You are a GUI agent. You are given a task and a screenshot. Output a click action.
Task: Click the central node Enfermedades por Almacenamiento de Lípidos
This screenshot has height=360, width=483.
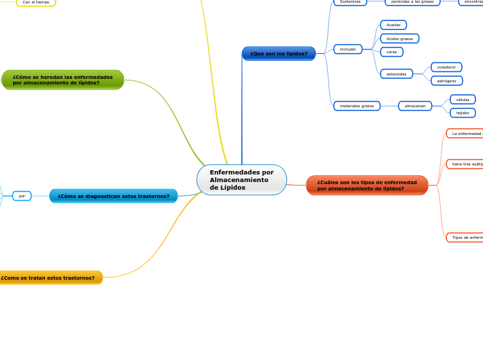241,180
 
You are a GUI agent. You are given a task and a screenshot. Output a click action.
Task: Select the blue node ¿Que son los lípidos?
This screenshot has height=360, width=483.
279,53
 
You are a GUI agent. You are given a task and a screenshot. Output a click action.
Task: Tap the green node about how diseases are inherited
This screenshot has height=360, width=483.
62,80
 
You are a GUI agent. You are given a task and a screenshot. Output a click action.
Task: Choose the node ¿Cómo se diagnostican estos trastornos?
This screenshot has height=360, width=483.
114,196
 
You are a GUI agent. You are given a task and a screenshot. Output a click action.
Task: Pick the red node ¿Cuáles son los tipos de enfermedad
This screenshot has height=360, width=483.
367,186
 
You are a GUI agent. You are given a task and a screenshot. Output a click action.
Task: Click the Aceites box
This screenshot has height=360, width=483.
394,25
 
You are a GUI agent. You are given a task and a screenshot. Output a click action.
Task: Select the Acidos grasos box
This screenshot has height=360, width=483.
399,39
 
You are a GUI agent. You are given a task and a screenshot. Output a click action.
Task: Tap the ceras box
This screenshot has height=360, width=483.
392,52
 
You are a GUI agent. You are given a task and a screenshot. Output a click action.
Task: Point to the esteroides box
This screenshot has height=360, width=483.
396,73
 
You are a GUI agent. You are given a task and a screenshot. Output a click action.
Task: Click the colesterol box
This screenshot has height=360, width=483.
446,67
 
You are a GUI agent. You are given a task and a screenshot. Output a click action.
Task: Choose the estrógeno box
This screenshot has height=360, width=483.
446,81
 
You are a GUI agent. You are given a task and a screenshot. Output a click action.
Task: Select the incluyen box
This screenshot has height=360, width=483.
348,49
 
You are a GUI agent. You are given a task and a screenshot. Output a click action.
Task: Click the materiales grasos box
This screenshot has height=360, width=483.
357,106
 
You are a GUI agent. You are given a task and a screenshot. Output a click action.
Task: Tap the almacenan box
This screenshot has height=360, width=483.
415,106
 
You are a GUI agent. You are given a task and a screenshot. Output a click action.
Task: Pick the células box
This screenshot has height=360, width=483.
462,100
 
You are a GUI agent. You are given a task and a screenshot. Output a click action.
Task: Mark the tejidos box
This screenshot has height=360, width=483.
462,113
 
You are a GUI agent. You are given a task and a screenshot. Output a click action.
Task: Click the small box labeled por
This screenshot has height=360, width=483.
22,196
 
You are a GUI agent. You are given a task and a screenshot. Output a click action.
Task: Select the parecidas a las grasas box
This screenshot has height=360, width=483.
412,2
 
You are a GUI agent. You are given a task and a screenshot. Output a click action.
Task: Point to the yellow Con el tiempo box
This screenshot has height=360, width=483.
36,3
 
